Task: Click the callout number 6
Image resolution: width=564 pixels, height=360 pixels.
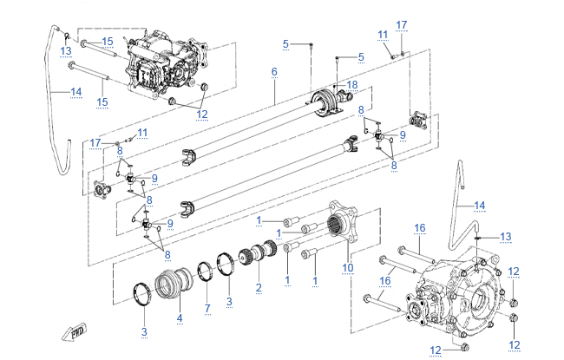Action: coord(274,71)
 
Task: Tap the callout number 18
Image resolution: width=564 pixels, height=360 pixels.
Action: coord(352,84)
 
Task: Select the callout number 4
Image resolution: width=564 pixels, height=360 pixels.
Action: coord(180,318)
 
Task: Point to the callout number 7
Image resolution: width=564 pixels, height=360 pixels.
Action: coord(207,309)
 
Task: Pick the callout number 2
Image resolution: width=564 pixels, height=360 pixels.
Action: coord(258,287)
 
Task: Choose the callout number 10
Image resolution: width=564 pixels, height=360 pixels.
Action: coord(348,268)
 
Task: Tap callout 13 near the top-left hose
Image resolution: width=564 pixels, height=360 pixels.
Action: coord(67,50)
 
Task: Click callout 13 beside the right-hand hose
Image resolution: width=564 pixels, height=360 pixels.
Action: coord(506,236)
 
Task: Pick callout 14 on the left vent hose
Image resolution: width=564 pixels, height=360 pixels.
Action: coord(75,91)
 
